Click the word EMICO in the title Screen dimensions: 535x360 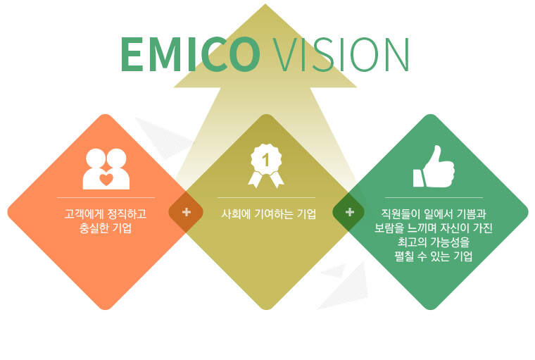pos(190,54)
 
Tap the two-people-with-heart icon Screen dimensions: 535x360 pos(106,169)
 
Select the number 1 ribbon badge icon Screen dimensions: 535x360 pos(266,166)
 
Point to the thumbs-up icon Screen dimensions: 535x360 pos(434,166)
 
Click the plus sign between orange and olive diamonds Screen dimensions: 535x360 pos(187,212)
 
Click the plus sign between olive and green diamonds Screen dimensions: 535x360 pos(350,212)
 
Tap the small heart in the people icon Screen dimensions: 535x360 pos(106,180)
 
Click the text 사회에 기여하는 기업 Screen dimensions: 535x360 pos(268,214)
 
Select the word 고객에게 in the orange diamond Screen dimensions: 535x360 pos(84,214)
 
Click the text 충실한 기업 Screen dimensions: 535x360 pos(106,228)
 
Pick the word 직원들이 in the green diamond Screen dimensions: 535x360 pos(401,214)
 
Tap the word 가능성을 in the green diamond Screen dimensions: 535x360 pos(449,242)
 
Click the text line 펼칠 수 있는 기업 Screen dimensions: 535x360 pos(434,256)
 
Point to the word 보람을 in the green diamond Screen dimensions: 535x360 pos(389,228)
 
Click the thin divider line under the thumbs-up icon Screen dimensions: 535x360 pos(434,197)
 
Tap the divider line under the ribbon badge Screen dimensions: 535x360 pos(266,197)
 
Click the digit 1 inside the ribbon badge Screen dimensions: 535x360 pos(266,160)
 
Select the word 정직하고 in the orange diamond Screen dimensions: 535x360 pos(127,214)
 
